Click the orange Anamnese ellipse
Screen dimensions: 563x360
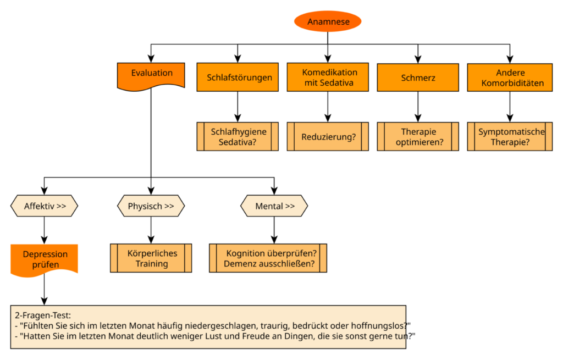click(x=328, y=21)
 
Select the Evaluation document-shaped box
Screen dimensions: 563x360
click(x=151, y=76)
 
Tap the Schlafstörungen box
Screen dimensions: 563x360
click(x=238, y=77)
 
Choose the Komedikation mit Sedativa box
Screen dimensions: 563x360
click(x=328, y=77)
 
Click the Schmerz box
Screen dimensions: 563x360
click(x=418, y=77)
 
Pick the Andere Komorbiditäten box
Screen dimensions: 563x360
click(x=510, y=77)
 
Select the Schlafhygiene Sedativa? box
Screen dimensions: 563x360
click(x=238, y=136)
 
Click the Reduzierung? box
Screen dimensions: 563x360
click(x=328, y=136)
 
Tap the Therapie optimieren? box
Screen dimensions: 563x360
click(x=418, y=136)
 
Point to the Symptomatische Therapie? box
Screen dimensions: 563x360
click(x=510, y=136)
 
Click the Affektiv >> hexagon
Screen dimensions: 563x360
click(x=44, y=206)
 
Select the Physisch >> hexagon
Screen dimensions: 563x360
click(x=151, y=206)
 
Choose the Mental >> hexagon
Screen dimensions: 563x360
click(x=274, y=206)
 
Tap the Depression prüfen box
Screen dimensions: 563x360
click(x=44, y=260)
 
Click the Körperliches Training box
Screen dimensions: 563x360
click(x=151, y=258)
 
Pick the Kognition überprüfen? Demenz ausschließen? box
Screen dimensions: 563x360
click(x=268, y=258)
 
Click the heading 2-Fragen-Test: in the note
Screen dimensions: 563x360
click(x=43, y=315)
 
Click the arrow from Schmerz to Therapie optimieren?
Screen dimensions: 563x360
click(x=418, y=107)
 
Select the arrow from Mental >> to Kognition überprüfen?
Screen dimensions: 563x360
click(x=274, y=230)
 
